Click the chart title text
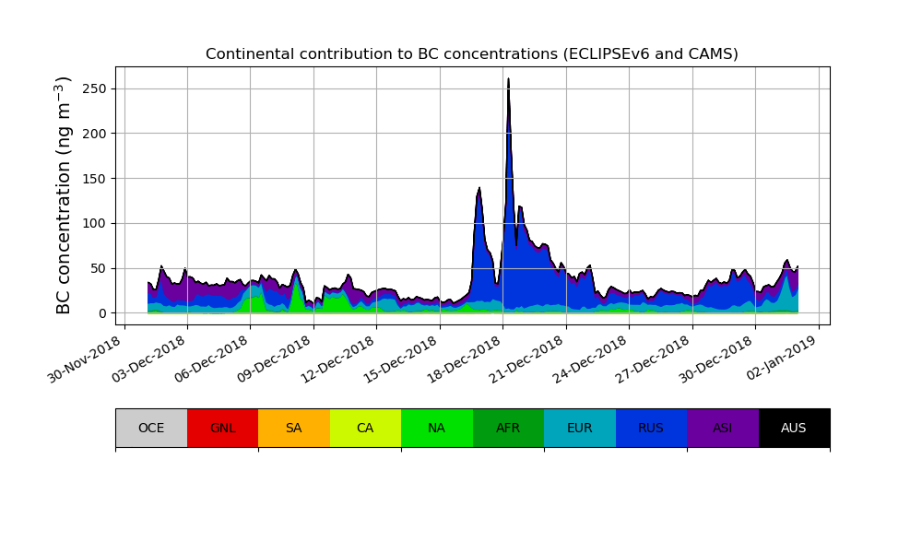point(471,54)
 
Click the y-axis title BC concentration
point(64,195)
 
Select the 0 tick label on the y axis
point(103,313)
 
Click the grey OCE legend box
point(151,428)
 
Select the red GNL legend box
point(222,428)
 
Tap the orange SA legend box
point(294,428)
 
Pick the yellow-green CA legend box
point(365,428)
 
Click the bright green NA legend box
point(437,428)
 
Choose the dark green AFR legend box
point(508,428)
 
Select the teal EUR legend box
point(580,428)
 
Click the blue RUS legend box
point(651,428)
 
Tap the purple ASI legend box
point(723,428)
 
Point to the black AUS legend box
point(794,428)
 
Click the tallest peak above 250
point(508,79)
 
